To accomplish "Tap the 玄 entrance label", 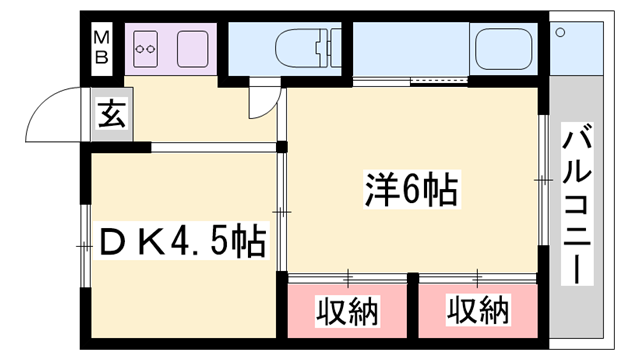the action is pyautogui.click(x=111, y=115).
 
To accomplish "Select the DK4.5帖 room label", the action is pyautogui.click(x=181, y=241).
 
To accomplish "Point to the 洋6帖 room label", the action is pyautogui.click(x=409, y=187).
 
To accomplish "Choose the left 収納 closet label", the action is pyautogui.click(x=348, y=313).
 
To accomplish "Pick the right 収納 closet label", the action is pyautogui.click(x=477, y=313).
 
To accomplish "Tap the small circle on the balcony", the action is pyautogui.click(x=562, y=31).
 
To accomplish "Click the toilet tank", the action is pyautogui.click(x=325, y=46).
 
